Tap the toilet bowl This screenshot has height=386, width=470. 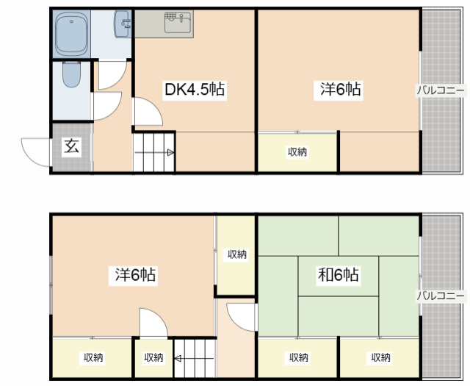[72, 74]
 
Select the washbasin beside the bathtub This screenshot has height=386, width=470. [123, 24]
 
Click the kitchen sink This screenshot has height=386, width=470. [178, 22]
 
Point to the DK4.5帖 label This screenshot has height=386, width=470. [195, 89]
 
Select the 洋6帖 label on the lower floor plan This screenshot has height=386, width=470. [135, 275]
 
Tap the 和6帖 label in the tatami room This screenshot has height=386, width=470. [339, 275]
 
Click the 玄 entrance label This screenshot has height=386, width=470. [72, 147]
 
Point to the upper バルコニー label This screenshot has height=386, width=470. [441, 90]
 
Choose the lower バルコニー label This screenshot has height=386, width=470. [441, 296]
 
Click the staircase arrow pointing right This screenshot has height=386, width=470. [154, 153]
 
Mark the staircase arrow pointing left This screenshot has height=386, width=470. [194, 358]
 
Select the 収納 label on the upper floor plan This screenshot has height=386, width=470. [297, 152]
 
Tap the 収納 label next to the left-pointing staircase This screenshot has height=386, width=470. [153, 357]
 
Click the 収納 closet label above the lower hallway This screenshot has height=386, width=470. [236, 254]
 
